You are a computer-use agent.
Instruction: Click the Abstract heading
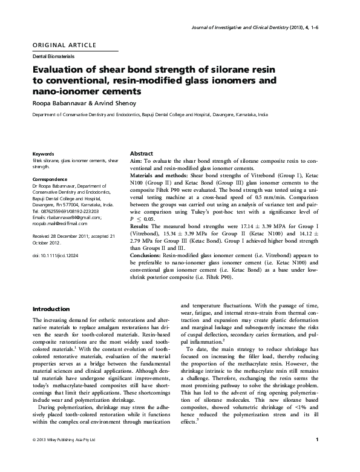tap(142, 154)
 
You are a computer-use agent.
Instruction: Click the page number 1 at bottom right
tap(326, 455)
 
